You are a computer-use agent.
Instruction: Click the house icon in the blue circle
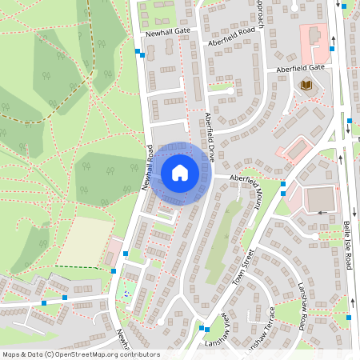[180, 173]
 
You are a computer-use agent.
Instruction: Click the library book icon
[306, 85]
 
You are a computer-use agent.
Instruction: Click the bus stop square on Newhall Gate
[140, 53]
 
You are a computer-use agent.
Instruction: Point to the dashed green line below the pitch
[84, 267]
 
